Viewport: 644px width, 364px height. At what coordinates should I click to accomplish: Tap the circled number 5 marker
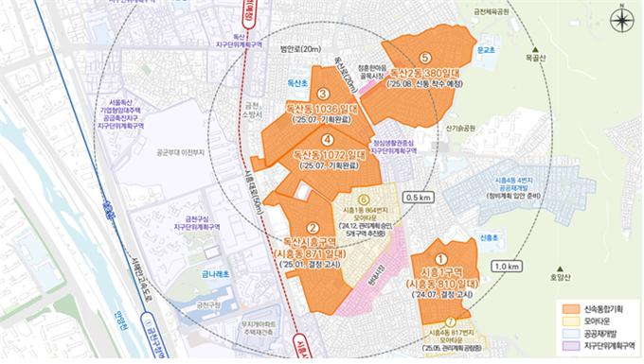[x=425, y=59]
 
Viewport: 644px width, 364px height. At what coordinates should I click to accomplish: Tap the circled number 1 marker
[x=438, y=255]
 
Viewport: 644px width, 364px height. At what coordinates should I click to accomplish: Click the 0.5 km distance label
[x=418, y=199]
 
